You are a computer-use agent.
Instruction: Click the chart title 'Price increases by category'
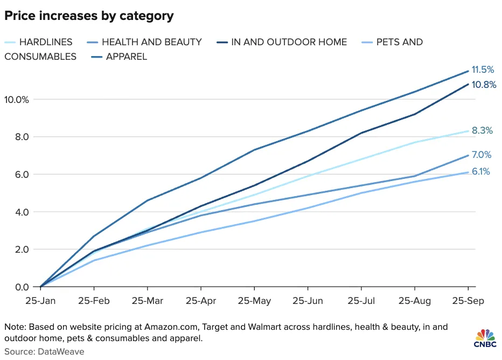click(x=89, y=16)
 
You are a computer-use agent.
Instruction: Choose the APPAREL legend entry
click(x=127, y=56)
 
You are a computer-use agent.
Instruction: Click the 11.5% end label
click(x=484, y=70)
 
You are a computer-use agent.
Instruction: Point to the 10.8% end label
click(x=484, y=85)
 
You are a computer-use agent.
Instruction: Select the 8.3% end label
click(x=483, y=131)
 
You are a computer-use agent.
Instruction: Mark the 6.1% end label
click(x=482, y=172)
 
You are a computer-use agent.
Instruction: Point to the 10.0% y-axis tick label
click(x=17, y=99)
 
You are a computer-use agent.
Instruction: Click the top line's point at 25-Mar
click(x=148, y=200)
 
